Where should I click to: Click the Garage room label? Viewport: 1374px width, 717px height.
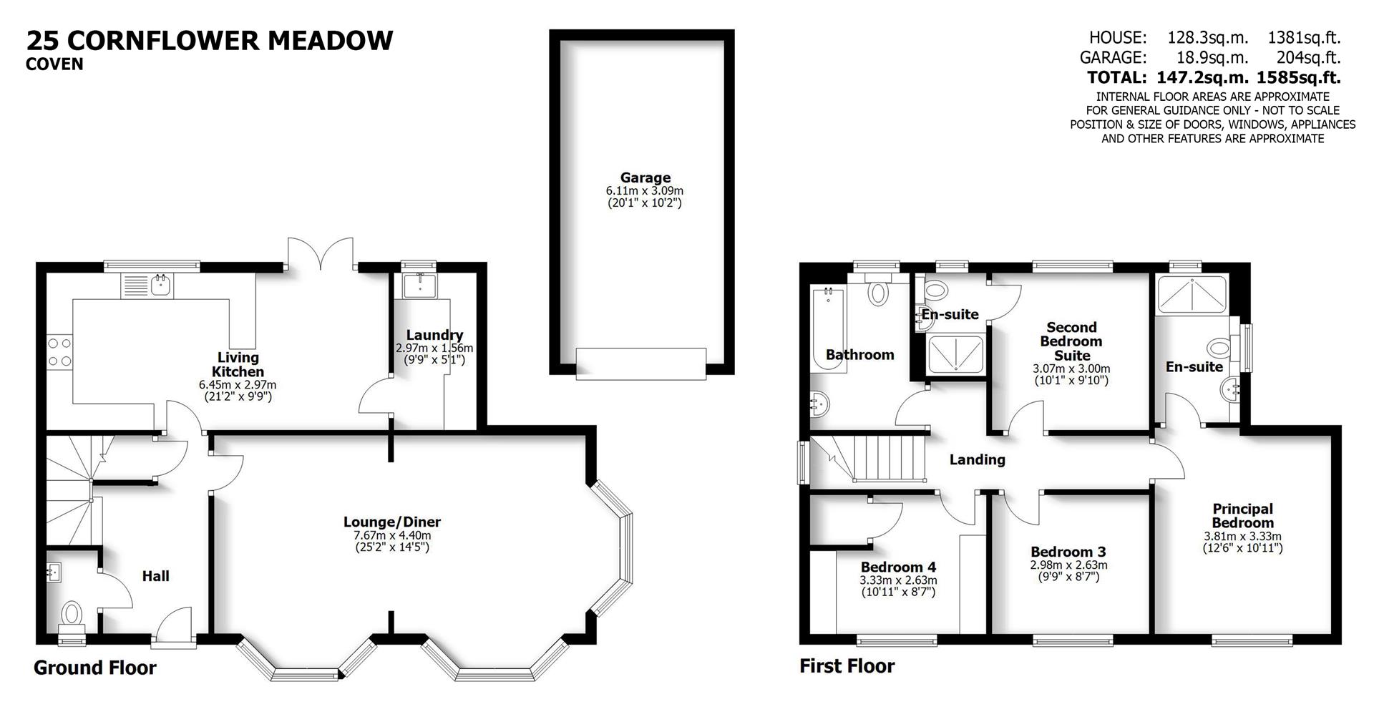tap(645, 177)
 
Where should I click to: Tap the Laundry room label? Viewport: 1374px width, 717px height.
tap(434, 335)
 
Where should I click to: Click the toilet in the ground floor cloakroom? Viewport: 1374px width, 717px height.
tap(72, 614)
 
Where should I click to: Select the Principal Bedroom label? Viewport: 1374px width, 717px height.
tap(1242, 515)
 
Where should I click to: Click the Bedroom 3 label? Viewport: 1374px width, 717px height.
tap(1068, 552)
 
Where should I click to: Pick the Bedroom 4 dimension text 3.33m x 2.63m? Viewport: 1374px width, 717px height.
tap(898, 580)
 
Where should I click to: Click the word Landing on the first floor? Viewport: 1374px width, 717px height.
tap(977, 460)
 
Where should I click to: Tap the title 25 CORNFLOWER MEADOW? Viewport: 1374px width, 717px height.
tap(210, 40)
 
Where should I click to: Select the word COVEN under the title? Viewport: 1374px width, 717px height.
tap(54, 64)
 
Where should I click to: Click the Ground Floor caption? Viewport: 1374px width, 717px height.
tap(94, 668)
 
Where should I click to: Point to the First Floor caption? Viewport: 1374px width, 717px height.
tap(847, 666)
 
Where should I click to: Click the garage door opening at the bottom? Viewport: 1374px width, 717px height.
tap(641, 363)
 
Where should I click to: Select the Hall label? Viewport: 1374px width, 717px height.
tap(155, 576)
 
